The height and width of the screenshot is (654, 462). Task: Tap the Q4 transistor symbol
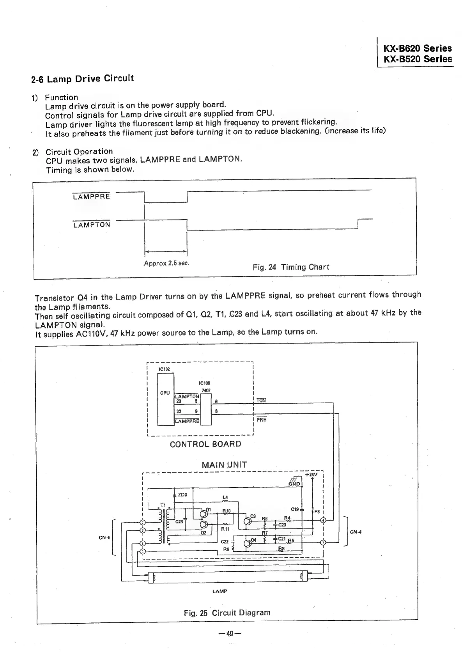pyautogui.click(x=247, y=543)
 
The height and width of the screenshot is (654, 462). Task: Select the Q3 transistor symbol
pyautogui.click(x=247, y=521)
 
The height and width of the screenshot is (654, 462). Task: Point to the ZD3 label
pyautogui.click(x=182, y=495)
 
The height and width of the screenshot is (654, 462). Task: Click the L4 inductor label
pyautogui.click(x=225, y=497)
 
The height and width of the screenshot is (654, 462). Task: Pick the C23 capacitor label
pyautogui.click(x=179, y=522)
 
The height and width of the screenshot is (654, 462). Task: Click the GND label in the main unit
pyautogui.click(x=294, y=484)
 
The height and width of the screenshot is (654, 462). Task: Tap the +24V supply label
pyautogui.click(x=312, y=475)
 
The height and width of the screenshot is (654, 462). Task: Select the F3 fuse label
pyautogui.click(x=317, y=511)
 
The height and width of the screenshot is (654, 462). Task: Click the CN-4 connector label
pyautogui.click(x=356, y=532)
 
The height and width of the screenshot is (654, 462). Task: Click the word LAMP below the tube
pyautogui.click(x=220, y=591)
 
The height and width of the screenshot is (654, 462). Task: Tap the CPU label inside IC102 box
pyautogui.click(x=165, y=393)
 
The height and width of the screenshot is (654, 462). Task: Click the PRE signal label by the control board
pyautogui.click(x=262, y=420)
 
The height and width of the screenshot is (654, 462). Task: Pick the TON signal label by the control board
pyautogui.click(x=261, y=401)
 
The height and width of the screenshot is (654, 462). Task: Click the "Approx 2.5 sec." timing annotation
pyautogui.click(x=166, y=263)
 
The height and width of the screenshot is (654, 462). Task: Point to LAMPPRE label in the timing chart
pyautogui.click(x=92, y=197)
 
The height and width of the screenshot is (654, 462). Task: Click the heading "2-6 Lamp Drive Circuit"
pyautogui.click(x=83, y=79)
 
